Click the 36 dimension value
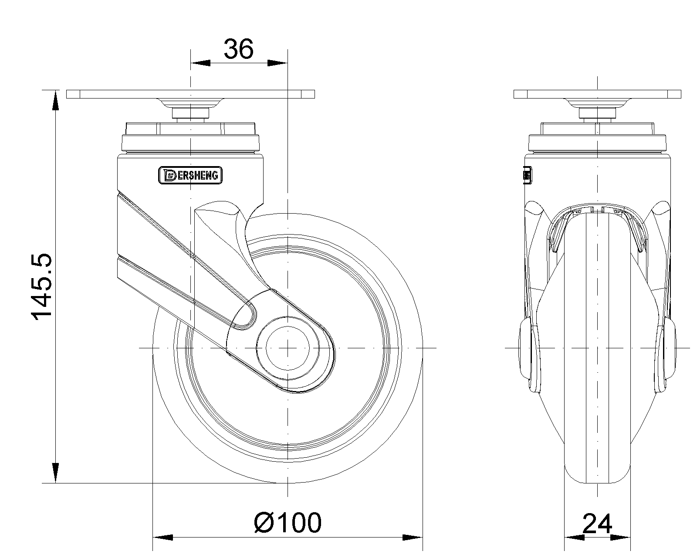click(x=238, y=49)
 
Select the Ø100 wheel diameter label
click(x=288, y=523)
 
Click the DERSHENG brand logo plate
click(x=190, y=175)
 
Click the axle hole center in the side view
click(x=288, y=348)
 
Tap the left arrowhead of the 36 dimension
click(x=200, y=63)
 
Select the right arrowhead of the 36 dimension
click(x=277, y=63)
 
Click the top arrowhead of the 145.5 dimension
click(x=56, y=100)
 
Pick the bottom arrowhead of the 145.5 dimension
click(x=56, y=473)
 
